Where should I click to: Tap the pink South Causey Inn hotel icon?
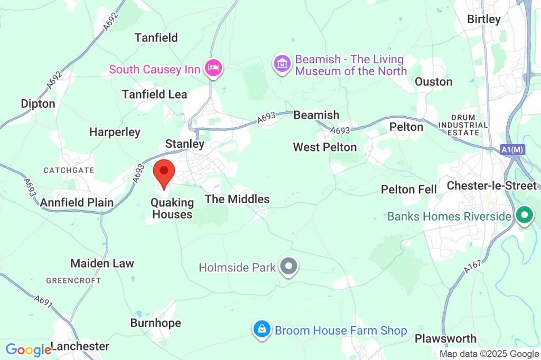pyautogui.click(x=214, y=69)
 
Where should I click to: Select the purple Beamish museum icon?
pyautogui.click(x=283, y=64)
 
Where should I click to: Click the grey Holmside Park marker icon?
pyautogui.click(x=288, y=267)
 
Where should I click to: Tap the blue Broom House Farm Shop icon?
pyautogui.click(x=261, y=330)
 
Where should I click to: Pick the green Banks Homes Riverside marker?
pyautogui.click(x=524, y=216)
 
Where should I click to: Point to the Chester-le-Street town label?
pyautogui.click(x=491, y=186)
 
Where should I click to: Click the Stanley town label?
pyautogui.click(x=184, y=144)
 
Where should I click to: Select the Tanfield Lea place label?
pyautogui.click(x=154, y=94)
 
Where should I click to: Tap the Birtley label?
pyautogui.click(x=483, y=19)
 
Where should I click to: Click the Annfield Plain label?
pyautogui.click(x=77, y=202)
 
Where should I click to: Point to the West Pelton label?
pyautogui.click(x=325, y=147)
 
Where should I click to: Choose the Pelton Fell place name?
pyautogui.click(x=409, y=190)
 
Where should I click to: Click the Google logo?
pyautogui.click(x=27, y=349)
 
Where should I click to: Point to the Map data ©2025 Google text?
pyautogui.click(x=489, y=354)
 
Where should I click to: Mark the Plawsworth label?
pyautogui.click(x=445, y=338)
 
